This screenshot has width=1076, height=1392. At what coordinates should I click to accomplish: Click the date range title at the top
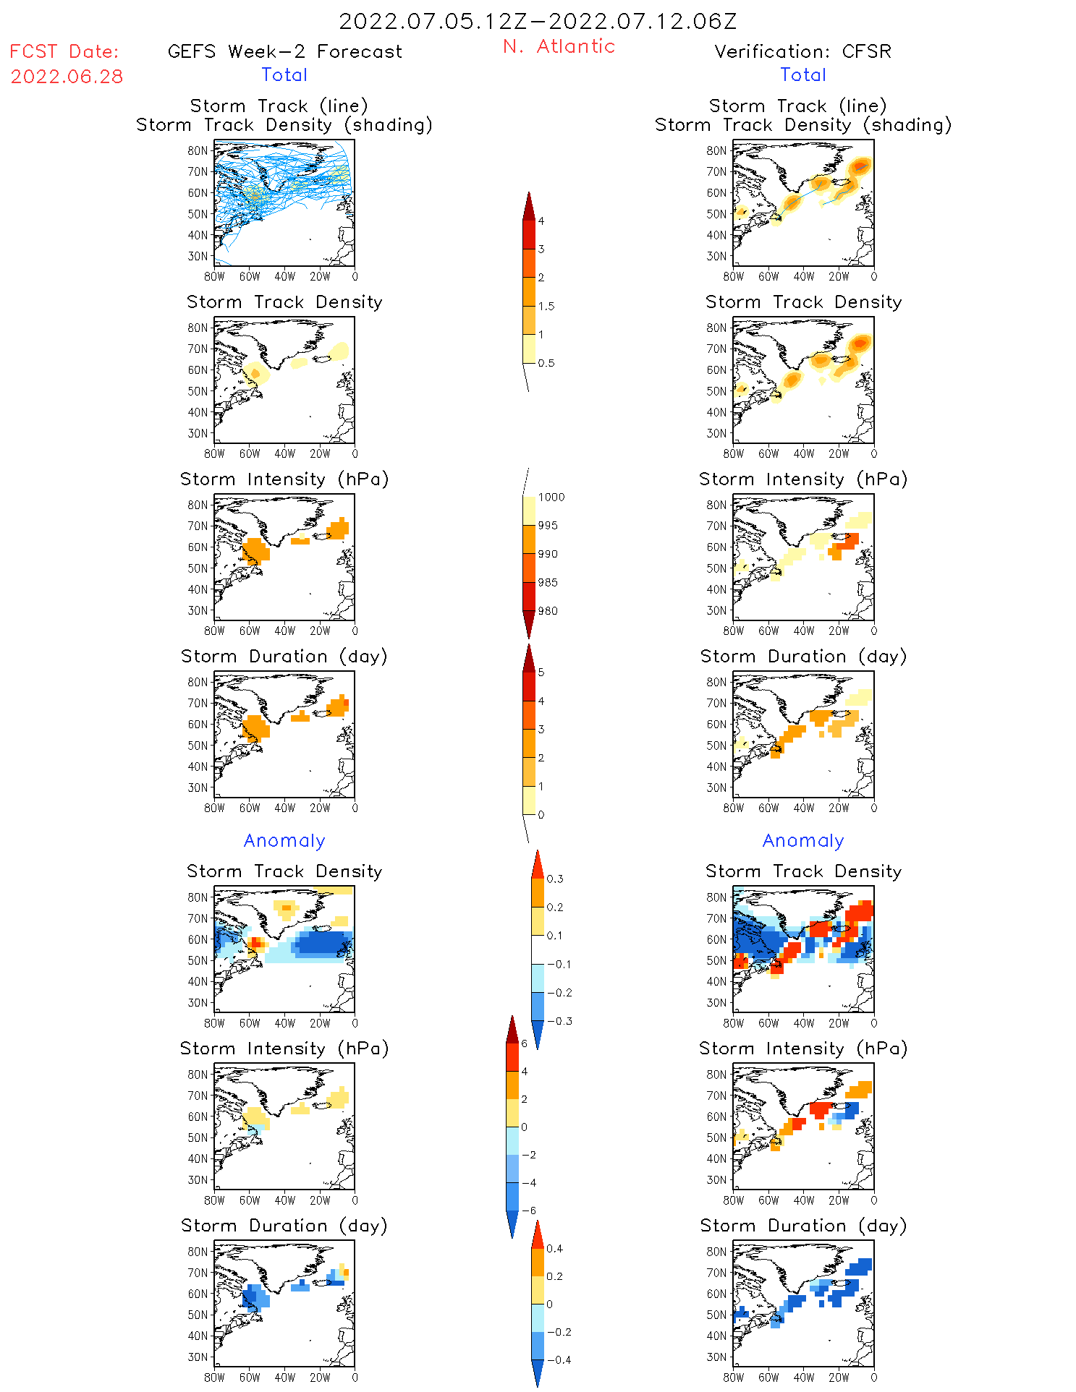pyautogui.click(x=538, y=21)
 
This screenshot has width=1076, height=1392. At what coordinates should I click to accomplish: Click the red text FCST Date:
pyautogui.click(x=64, y=52)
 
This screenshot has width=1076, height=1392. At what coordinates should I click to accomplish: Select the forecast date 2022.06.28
pyautogui.click(x=67, y=77)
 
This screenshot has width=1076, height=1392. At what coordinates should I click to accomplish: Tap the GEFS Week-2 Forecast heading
pyautogui.click(x=284, y=52)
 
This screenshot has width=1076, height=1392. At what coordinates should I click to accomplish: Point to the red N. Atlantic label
pyautogui.click(x=559, y=46)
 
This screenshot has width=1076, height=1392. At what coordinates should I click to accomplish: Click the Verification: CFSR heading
pyautogui.click(x=802, y=52)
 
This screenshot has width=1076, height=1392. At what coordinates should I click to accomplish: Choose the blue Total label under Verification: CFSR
pyautogui.click(x=802, y=75)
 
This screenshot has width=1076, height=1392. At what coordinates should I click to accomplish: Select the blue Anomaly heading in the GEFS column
pyautogui.click(x=284, y=841)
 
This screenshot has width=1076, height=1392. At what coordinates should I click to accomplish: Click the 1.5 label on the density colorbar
pyautogui.click(x=546, y=307)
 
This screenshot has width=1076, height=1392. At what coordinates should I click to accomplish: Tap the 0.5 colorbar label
pyautogui.click(x=546, y=363)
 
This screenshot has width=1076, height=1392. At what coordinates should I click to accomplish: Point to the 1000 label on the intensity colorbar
pyautogui.click(x=551, y=498)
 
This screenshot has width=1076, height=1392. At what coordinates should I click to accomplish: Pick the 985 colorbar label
pyautogui.click(x=548, y=583)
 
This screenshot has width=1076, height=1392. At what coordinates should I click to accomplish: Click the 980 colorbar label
pyautogui.click(x=548, y=611)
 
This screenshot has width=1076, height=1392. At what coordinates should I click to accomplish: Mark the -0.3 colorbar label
pyautogui.click(x=559, y=1022)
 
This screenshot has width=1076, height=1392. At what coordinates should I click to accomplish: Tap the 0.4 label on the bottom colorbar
pyautogui.click(x=554, y=1249)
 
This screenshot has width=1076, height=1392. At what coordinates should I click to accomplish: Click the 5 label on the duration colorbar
pyautogui.click(x=541, y=672)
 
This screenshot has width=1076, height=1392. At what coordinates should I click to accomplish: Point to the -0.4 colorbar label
pyautogui.click(x=559, y=1360)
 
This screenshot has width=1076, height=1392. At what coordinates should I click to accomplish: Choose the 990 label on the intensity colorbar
pyautogui.click(x=548, y=555)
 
